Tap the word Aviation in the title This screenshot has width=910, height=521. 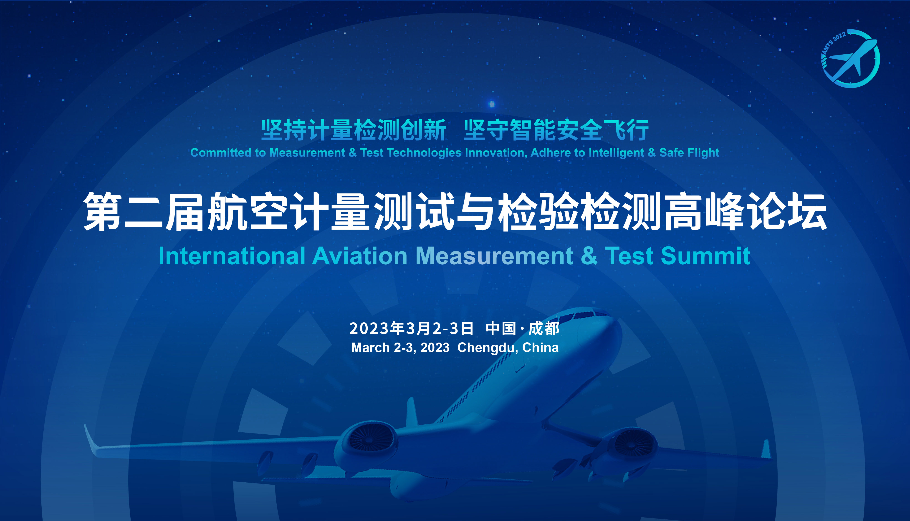360,256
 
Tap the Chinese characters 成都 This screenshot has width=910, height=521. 544,328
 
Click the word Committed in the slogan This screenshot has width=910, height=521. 221,153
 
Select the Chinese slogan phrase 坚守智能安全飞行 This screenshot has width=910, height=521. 556,130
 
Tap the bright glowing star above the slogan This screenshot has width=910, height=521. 492,104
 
